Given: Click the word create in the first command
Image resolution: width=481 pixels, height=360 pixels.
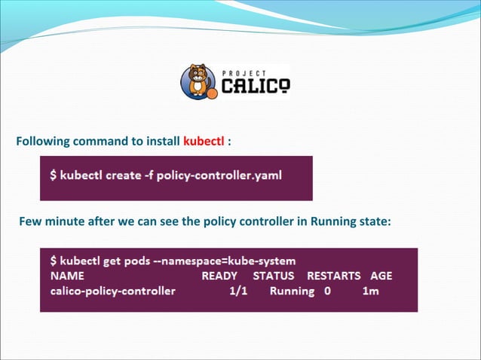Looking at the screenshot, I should tap(120, 176).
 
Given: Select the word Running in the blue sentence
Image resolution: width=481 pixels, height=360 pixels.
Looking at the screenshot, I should tap(332, 222).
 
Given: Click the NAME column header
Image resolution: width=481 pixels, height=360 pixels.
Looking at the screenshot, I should tap(67, 276).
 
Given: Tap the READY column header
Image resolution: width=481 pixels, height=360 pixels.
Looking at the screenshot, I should tap(219, 276).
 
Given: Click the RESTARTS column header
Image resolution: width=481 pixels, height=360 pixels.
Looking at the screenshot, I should tap(334, 276).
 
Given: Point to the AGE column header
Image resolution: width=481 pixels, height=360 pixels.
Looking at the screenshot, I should tap(381, 276).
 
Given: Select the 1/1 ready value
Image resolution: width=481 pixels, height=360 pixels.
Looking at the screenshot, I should tap(239, 291).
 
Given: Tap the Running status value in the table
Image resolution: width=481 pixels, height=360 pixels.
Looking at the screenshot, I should tap(292, 291).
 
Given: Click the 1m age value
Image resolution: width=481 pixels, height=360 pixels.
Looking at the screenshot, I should tap(371, 291).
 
